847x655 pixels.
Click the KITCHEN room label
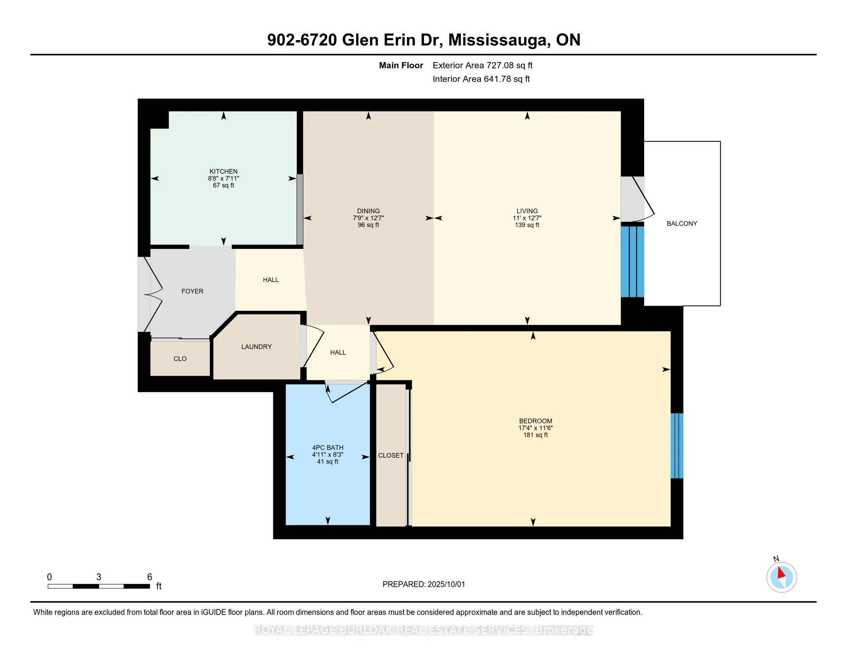[223, 171]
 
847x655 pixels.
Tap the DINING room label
[368, 211]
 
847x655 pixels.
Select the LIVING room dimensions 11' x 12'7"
[527, 218]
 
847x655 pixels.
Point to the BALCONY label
[682, 223]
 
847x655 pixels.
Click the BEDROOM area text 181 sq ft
[536, 435]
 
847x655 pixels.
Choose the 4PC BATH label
[328, 447]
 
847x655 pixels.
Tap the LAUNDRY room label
[256, 346]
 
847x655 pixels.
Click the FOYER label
[192, 291]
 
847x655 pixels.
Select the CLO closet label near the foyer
[180, 359]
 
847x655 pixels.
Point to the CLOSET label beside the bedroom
[391, 455]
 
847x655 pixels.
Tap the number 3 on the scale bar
[99, 577]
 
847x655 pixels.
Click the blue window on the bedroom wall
[677, 446]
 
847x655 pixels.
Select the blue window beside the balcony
[633, 262]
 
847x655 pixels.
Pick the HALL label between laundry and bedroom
[338, 352]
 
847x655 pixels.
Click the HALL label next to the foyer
[271, 280]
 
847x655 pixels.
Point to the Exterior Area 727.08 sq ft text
[483, 65]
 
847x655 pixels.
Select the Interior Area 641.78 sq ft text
[481, 79]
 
